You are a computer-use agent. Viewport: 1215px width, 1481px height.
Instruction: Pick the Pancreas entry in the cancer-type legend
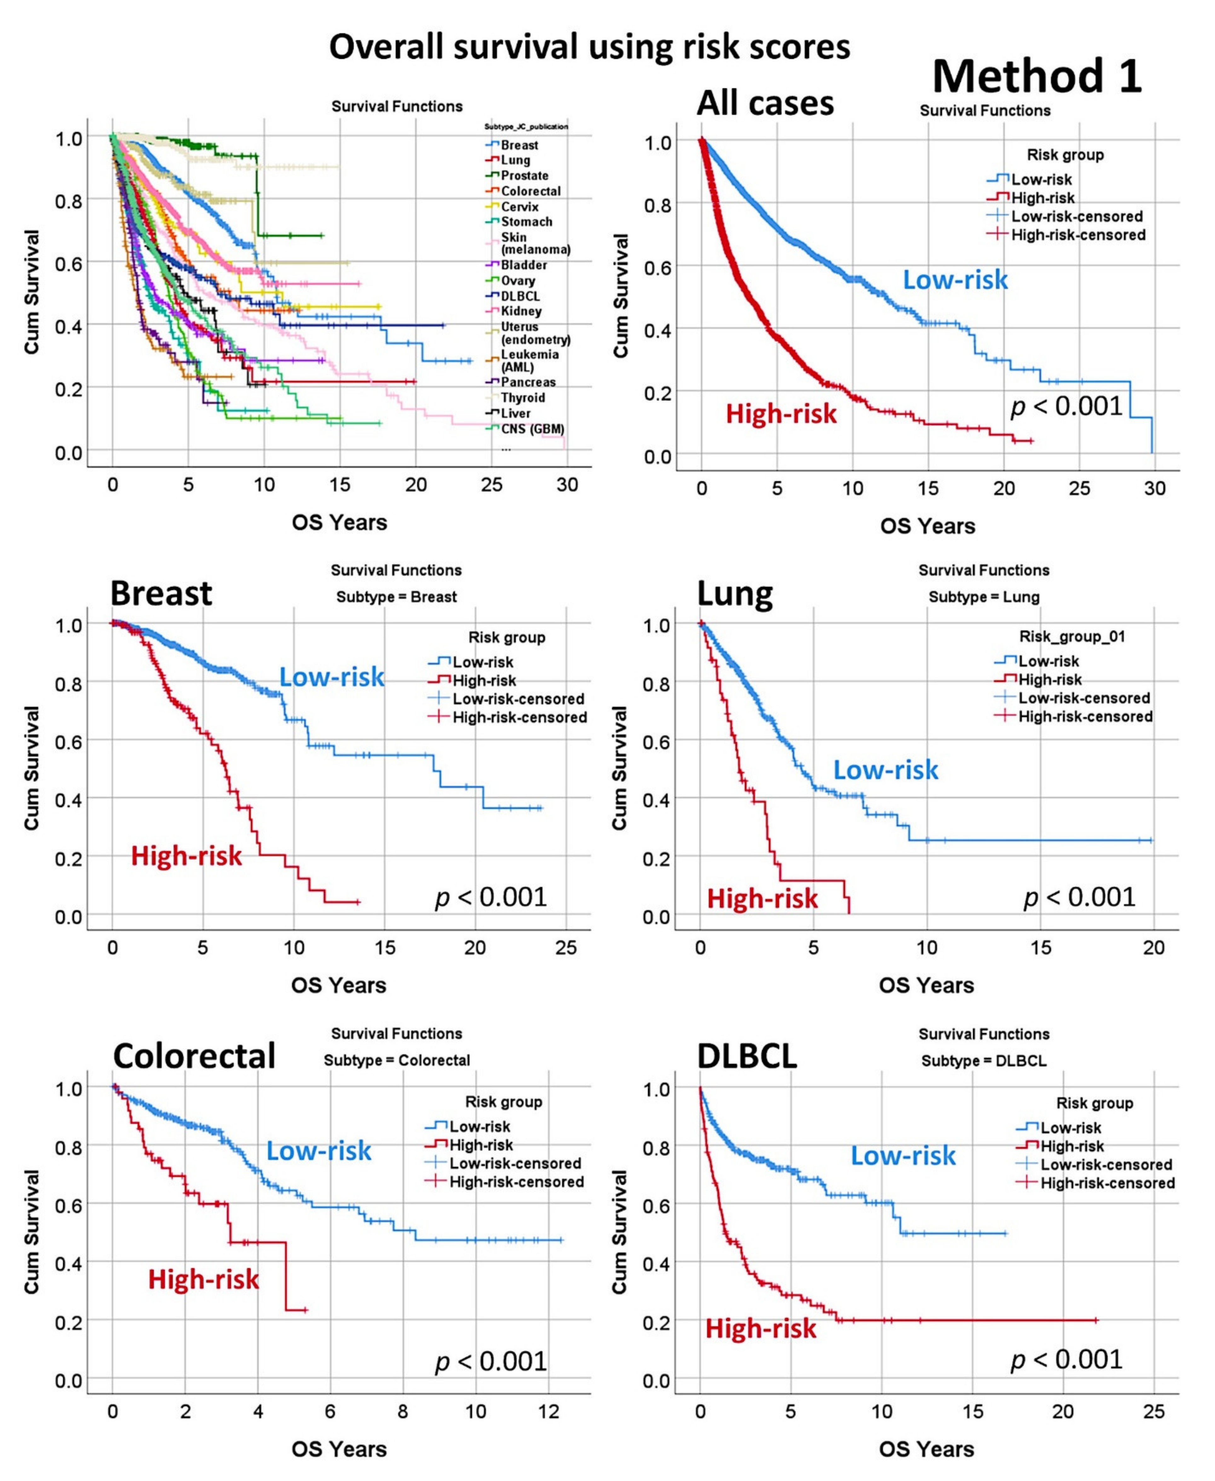[x=528, y=382]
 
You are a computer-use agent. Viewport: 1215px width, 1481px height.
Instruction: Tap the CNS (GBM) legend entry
[x=532, y=429]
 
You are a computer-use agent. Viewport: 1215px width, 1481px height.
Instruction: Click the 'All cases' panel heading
[x=765, y=104]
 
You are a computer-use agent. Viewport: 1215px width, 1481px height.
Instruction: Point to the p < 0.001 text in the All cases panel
[x=1066, y=406]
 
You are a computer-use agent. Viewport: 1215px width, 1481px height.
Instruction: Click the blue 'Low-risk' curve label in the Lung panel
[x=885, y=770]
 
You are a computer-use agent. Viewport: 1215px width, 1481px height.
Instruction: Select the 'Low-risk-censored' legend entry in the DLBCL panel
[x=1106, y=1165]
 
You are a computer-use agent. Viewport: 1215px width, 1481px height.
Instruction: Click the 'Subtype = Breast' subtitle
[x=396, y=597]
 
